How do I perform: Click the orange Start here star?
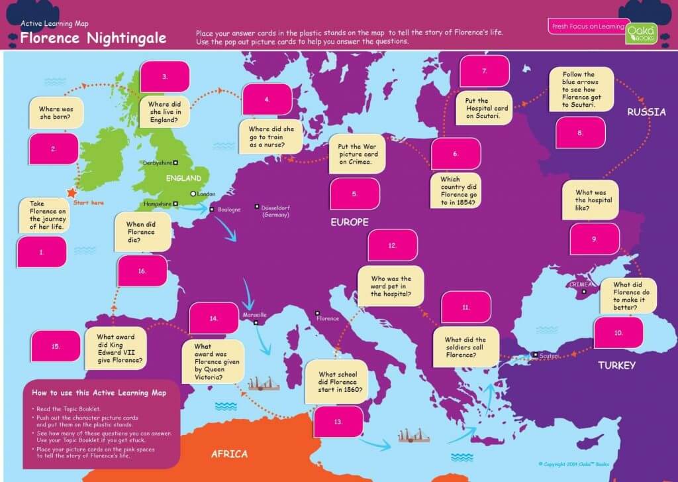(x=71, y=192)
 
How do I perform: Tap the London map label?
(x=207, y=194)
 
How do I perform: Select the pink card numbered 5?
(x=355, y=194)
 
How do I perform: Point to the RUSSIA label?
(x=646, y=112)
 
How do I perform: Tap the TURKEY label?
(x=616, y=365)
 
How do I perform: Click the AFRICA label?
(x=229, y=454)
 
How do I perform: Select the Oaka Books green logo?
(x=642, y=33)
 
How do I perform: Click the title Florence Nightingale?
(x=93, y=38)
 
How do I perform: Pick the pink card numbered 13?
(x=338, y=421)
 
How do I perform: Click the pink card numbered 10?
(x=618, y=332)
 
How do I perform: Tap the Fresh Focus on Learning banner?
(x=587, y=27)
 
